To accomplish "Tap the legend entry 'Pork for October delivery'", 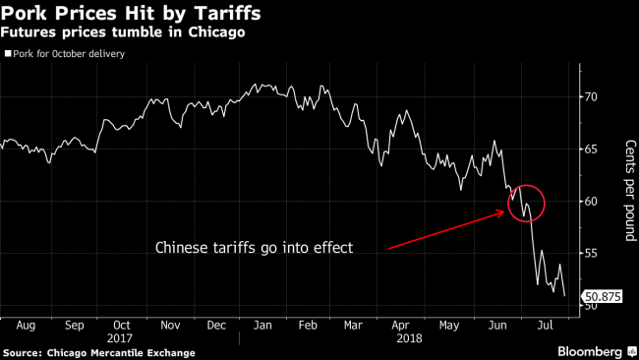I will (68, 53).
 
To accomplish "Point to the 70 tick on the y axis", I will (590, 96).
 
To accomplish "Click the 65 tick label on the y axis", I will (590, 149).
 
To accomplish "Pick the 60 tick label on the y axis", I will (590, 202).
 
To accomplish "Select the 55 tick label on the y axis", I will (590, 254).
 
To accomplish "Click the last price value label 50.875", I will (601, 295).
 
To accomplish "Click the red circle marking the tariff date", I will (527, 203).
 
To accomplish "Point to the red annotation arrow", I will (447, 229).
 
